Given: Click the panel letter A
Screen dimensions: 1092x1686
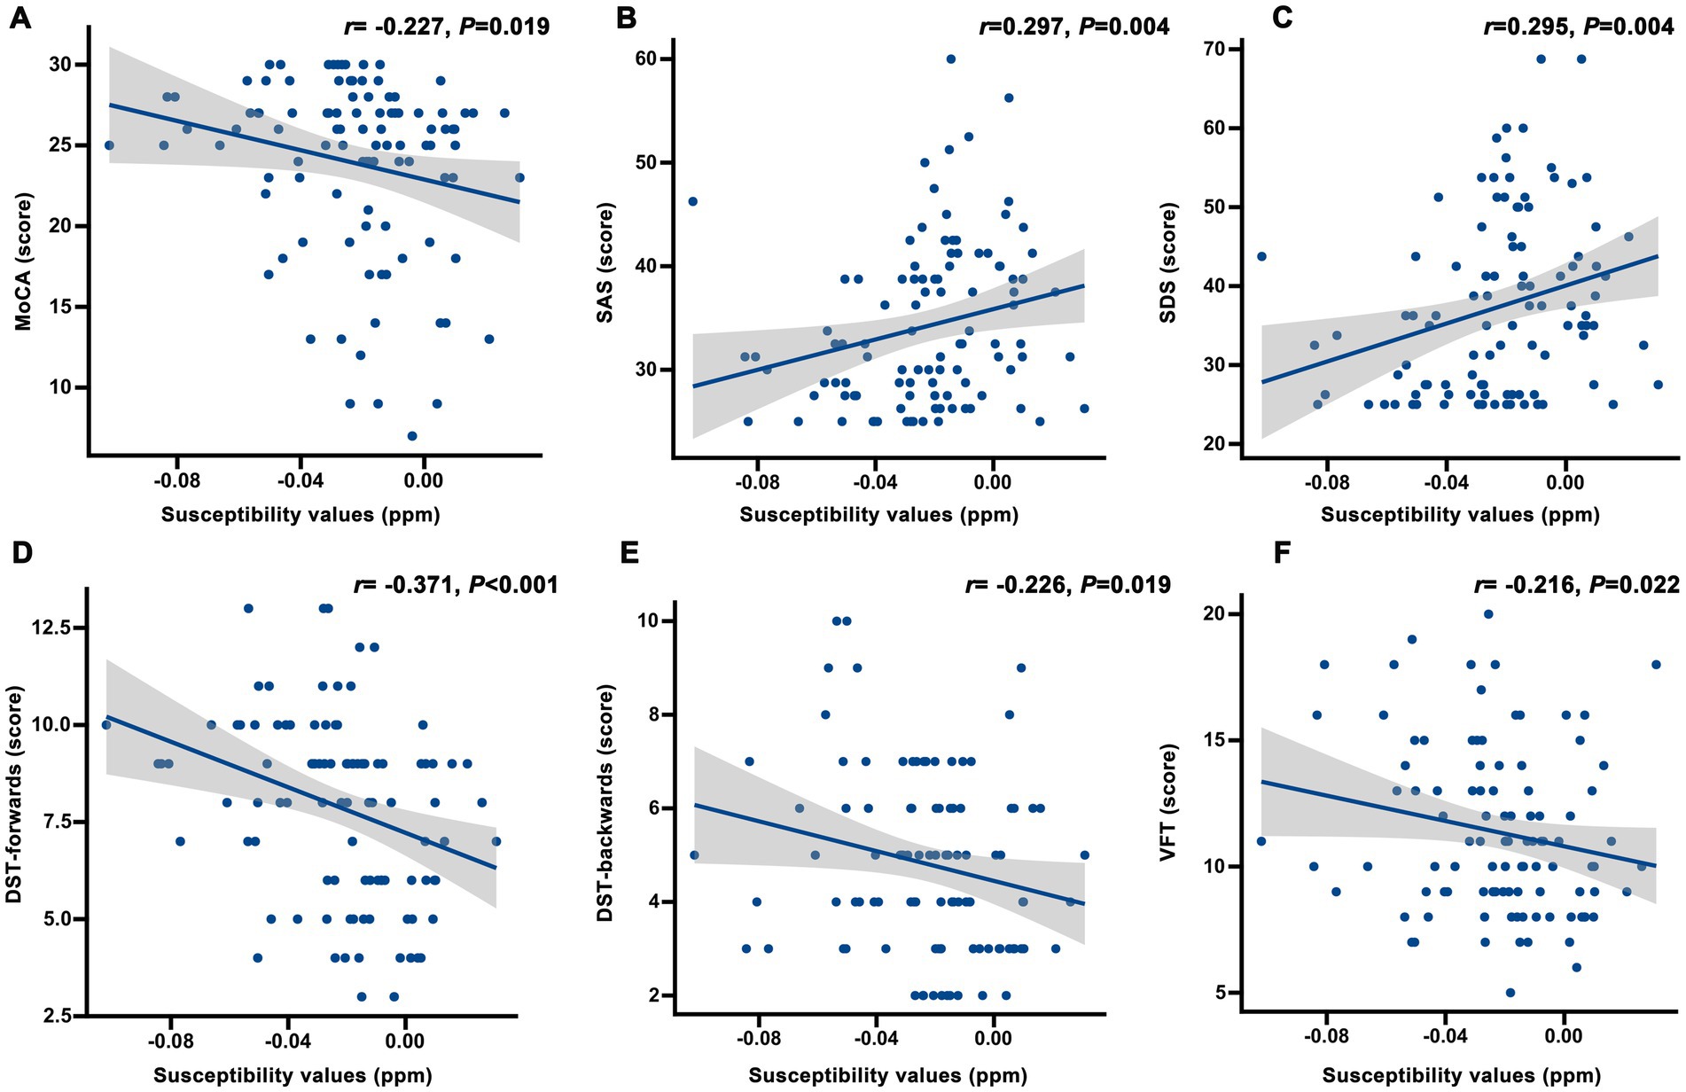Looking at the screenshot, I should pos(20,18).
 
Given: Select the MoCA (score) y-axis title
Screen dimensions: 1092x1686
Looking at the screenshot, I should pos(24,261).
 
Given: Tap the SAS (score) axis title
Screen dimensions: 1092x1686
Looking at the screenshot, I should pos(605,263).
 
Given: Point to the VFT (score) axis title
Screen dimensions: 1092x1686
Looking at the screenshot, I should pos(1167,803).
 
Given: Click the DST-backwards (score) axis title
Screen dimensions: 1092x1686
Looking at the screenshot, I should pos(605,803).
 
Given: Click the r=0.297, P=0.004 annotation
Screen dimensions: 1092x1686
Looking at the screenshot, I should pos(1073,27).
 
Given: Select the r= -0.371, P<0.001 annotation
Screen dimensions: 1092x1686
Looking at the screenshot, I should pos(456,584).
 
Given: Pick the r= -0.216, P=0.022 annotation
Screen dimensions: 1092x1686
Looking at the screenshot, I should pos(1576,584).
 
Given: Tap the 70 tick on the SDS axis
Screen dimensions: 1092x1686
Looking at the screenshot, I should pos(1226,49).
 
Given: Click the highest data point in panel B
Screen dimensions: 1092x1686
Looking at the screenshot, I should pos(950,59).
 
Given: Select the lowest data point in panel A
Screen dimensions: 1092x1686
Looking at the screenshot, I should pos(412,436).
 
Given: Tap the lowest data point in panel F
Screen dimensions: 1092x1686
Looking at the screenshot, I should pos(1510,993).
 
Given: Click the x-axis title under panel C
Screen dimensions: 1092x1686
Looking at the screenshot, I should pos(1460,515).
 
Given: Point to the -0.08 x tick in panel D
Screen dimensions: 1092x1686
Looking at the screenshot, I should pos(169,1041).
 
